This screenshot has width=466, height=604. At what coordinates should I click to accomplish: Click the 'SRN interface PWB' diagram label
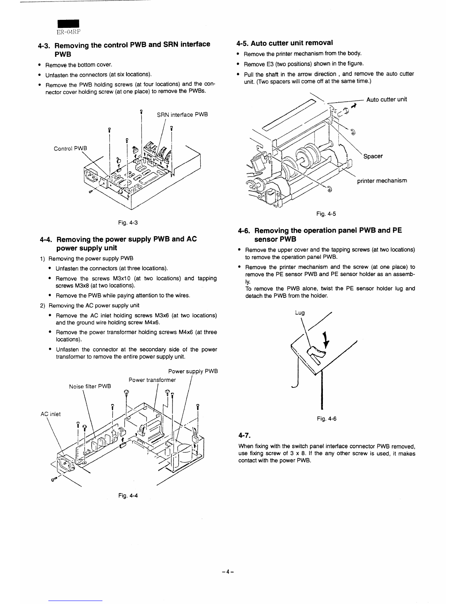click(182, 114)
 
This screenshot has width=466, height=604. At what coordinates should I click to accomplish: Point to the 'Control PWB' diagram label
click(70, 148)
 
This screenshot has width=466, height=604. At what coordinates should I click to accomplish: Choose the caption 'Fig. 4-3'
click(128, 222)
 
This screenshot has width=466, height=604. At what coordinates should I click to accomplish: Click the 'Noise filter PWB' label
click(90, 386)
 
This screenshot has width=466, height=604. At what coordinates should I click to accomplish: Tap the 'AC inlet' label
click(51, 414)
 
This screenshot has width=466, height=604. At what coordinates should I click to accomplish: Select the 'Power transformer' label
click(152, 380)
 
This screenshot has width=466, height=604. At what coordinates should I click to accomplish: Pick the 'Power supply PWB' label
click(193, 371)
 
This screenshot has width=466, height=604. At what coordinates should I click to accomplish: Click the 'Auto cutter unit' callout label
click(386, 100)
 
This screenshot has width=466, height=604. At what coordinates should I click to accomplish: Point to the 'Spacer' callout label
click(373, 156)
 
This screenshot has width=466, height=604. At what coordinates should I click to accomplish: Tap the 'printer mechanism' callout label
click(382, 180)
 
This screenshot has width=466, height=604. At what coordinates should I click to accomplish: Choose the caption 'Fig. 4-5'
click(326, 214)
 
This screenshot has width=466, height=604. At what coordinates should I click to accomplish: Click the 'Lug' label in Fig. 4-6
click(300, 313)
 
